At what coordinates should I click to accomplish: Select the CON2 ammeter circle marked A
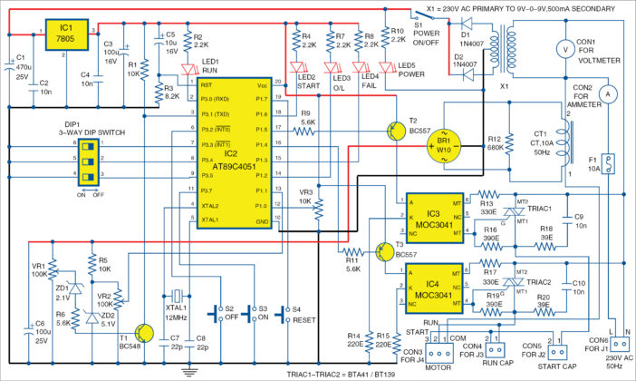click(610, 93)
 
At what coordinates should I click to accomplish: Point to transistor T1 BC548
click(142, 337)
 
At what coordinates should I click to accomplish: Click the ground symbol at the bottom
click(189, 370)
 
